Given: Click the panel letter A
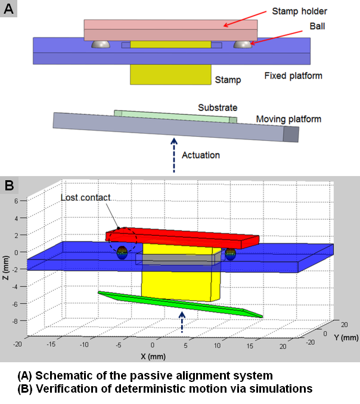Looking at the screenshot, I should point(8,9).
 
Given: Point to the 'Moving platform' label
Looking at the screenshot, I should point(288,119).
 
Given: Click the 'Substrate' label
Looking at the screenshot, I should point(218,107).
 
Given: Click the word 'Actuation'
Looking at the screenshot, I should point(200,155).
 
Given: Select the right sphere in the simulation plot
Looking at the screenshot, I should point(229,254).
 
